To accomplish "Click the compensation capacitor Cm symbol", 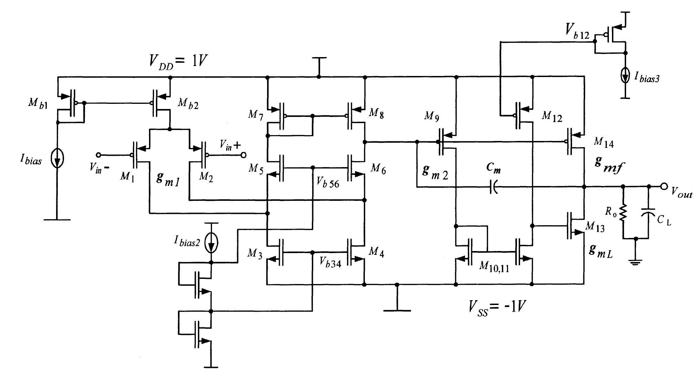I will [494, 187].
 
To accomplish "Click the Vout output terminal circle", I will [664, 186].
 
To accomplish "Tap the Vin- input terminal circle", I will [98, 155].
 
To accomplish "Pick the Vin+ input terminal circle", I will [243, 155].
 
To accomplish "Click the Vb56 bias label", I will [328, 183].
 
